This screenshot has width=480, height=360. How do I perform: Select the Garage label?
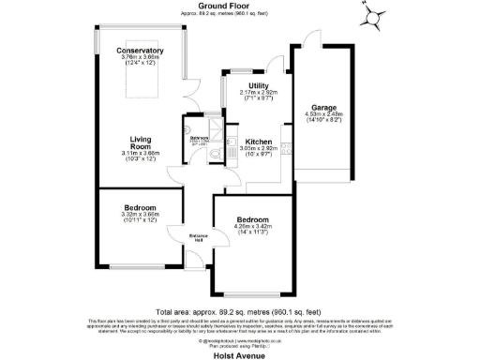(x=323, y=108)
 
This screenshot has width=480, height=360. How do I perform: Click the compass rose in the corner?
(x=374, y=16)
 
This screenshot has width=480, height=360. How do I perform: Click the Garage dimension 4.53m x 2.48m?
(x=323, y=116)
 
